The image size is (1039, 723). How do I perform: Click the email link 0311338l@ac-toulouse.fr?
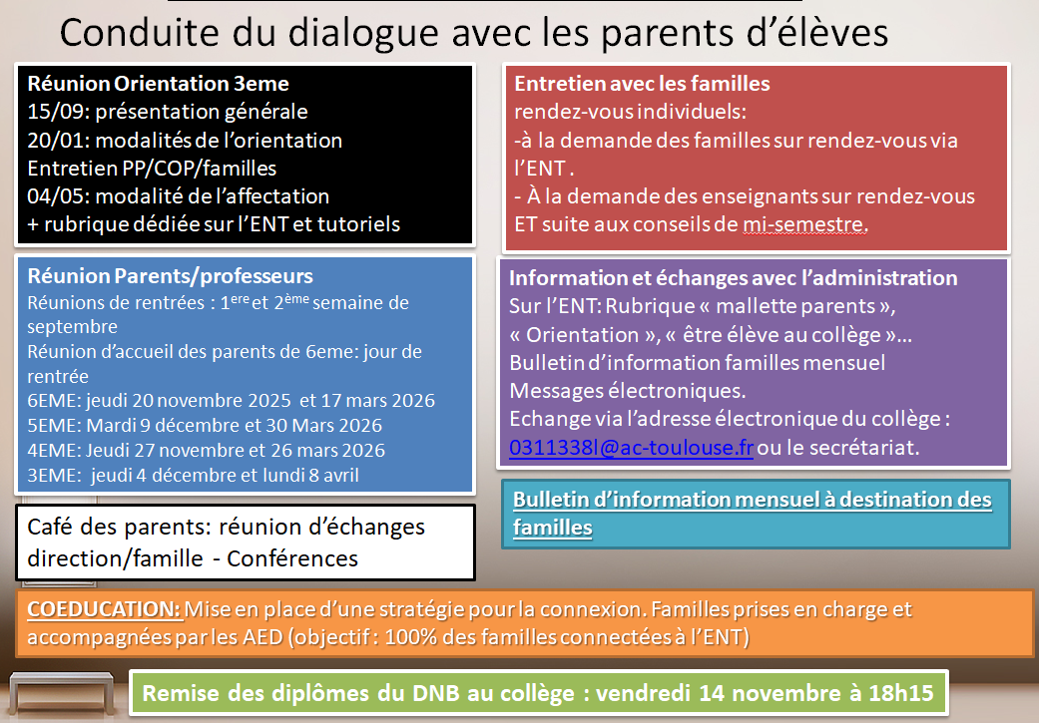(x=631, y=448)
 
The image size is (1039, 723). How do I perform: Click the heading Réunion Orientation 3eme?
(x=159, y=84)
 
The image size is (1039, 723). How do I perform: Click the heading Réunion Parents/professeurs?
(x=171, y=276)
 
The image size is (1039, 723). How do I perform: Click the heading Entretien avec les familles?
(x=642, y=84)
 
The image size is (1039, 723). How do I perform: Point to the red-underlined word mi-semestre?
(x=803, y=224)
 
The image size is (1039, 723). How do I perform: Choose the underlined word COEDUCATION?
(x=104, y=609)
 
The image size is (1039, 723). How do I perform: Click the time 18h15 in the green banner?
(x=901, y=693)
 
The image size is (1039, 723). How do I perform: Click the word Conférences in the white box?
(x=292, y=558)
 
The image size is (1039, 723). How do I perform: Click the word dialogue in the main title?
(x=363, y=33)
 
